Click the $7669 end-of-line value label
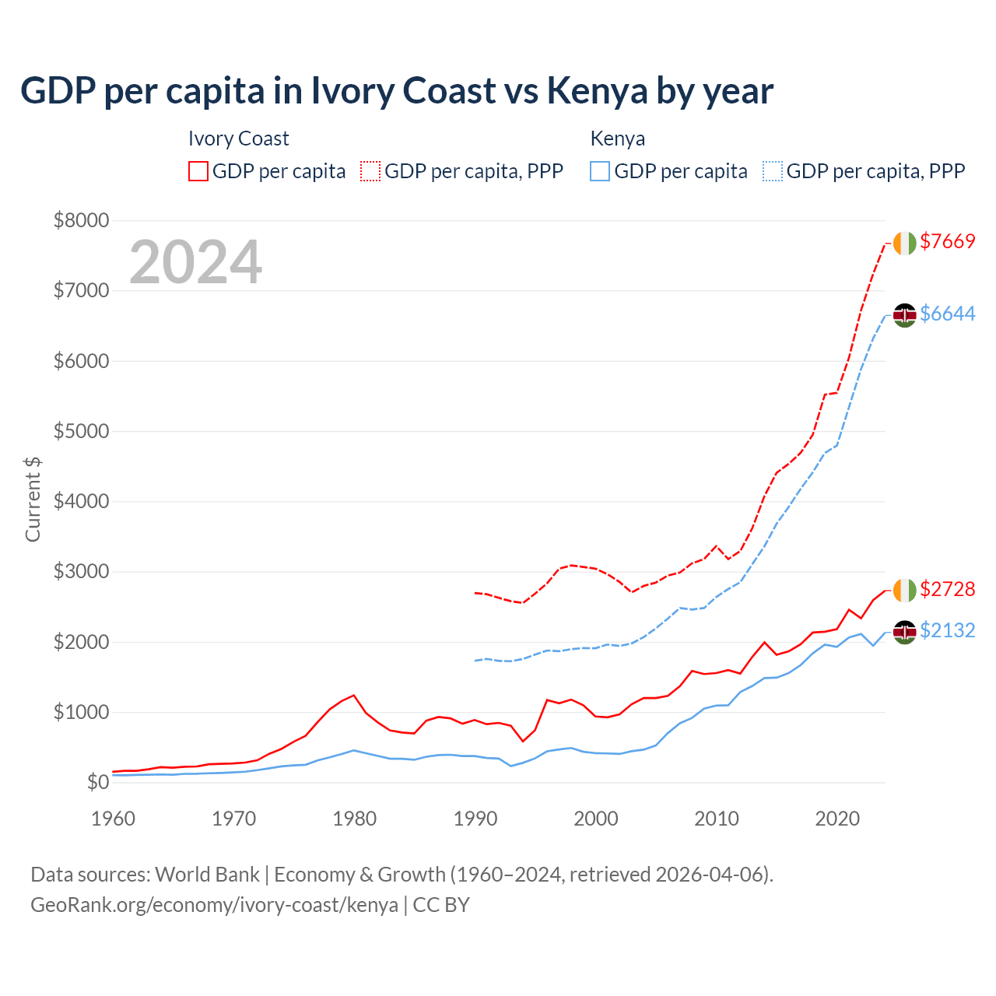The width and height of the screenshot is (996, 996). point(947,242)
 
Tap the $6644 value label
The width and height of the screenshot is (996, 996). point(947,314)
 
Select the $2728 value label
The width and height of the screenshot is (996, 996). point(947,590)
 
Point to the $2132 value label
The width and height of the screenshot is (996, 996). point(947,631)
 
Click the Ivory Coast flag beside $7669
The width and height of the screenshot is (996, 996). point(904,243)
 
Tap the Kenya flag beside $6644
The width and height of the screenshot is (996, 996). point(904,315)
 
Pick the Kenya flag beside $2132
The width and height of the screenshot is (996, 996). point(904,632)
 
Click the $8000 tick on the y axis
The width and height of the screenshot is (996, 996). point(81,220)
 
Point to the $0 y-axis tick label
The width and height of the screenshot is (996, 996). point(97,782)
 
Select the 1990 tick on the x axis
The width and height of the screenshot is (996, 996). point(475,819)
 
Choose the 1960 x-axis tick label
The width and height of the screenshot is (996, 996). point(114,819)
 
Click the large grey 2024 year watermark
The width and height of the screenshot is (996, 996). point(195,263)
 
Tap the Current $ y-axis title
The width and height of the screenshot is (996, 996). point(33,500)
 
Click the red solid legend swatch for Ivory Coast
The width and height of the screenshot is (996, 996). point(198,171)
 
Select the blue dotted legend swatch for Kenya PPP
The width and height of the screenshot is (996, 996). point(773,171)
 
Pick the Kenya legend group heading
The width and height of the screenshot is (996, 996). point(618,139)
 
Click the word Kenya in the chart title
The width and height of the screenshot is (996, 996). point(597,91)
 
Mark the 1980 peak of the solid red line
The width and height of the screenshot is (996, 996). point(354,695)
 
